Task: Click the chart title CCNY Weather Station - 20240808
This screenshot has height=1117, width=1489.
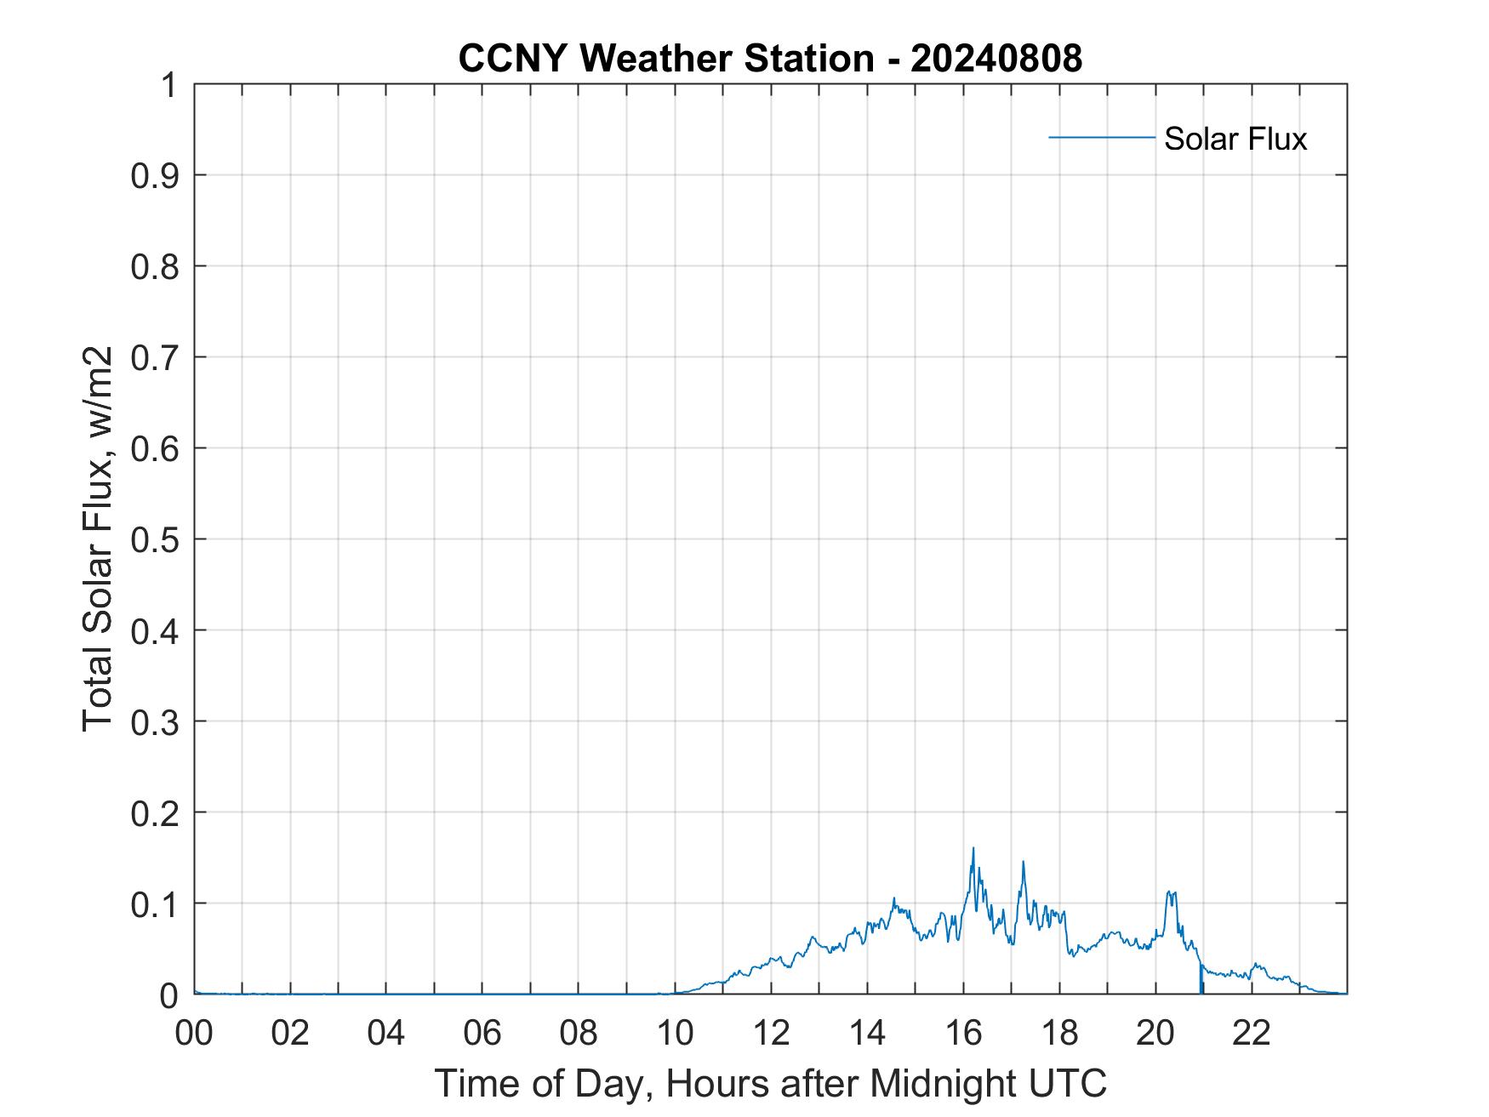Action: tap(770, 59)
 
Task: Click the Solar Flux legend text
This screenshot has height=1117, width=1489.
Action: tap(1235, 139)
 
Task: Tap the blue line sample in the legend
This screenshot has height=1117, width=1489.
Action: tap(1101, 137)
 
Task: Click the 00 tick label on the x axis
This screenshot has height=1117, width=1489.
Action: tap(194, 1033)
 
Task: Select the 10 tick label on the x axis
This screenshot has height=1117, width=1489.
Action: tap(675, 1033)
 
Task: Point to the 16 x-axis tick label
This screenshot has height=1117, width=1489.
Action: tap(963, 1033)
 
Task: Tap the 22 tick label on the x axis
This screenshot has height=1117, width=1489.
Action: tap(1252, 1033)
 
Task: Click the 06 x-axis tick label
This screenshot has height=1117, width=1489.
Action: tap(482, 1033)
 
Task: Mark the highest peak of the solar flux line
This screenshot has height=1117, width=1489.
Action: tap(973, 848)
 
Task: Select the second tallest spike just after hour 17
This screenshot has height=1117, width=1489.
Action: tap(1023, 862)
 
